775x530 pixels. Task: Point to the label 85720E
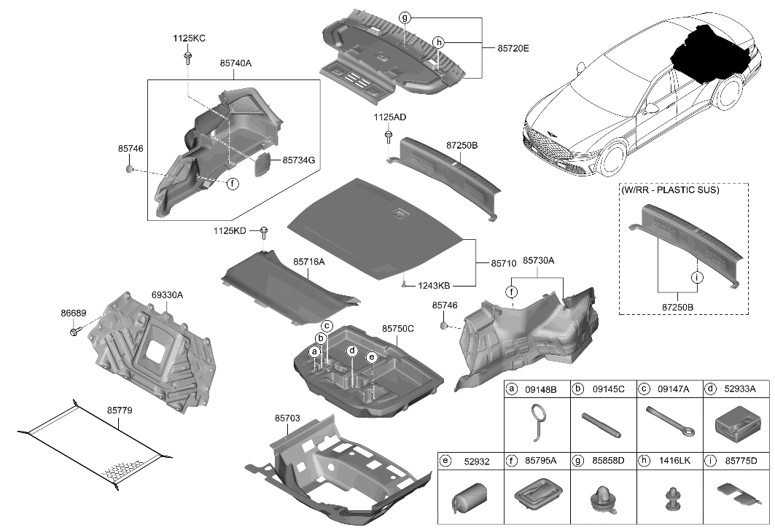click(513, 49)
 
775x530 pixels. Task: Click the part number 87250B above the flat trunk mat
click(462, 146)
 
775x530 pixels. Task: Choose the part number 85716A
click(309, 261)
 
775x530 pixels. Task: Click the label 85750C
click(398, 329)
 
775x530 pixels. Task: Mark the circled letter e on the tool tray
click(371, 357)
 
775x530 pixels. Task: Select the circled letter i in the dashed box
click(696, 278)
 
